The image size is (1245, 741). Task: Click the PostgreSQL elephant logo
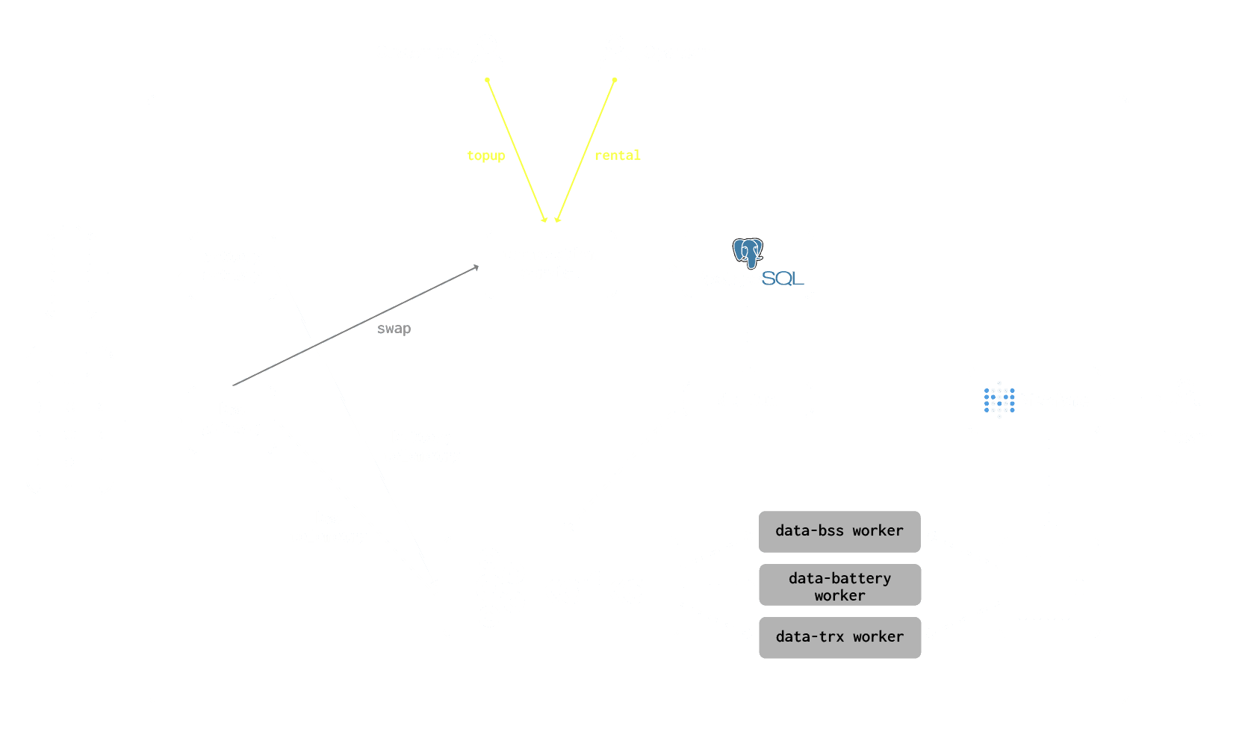click(748, 252)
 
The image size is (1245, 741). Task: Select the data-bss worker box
click(839, 531)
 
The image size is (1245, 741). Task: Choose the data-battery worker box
click(839, 586)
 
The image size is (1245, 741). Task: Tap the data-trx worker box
click(839, 637)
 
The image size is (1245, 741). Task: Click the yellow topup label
click(486, 155)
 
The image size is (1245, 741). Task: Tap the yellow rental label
click(618, 155)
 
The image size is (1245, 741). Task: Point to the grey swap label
click(394, 329)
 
